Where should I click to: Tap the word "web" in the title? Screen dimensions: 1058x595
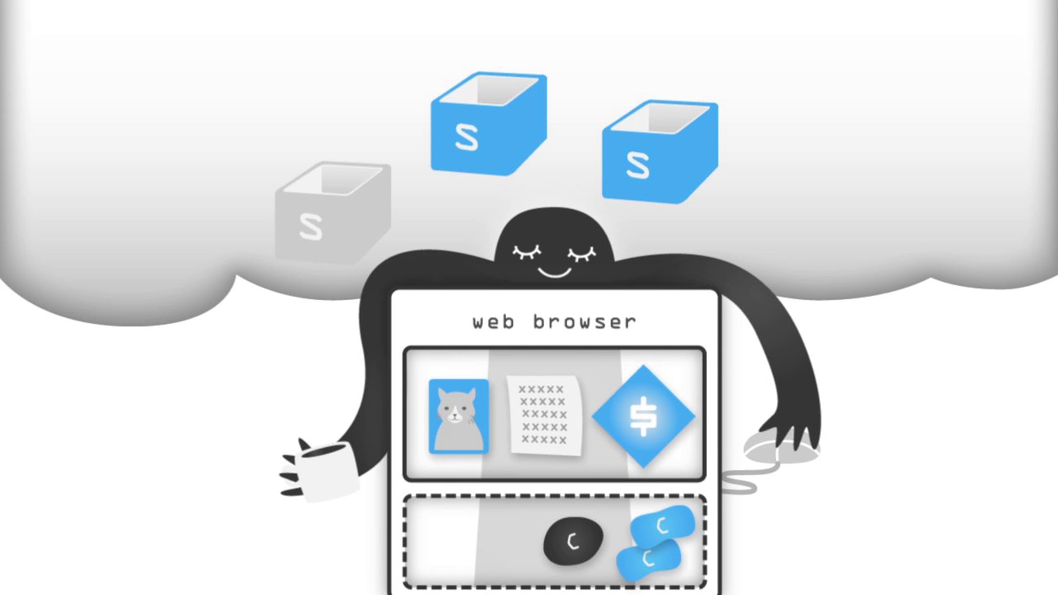[493, 322]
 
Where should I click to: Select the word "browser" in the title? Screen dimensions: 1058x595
[585, 322]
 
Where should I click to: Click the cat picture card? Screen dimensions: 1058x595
[458, 416]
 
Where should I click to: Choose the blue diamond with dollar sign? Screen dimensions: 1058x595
[644, 416]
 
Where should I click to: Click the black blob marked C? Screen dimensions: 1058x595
[573, 541]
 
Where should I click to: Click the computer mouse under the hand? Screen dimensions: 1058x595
[780, 446]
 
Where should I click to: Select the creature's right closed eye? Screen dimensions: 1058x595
[582, 253]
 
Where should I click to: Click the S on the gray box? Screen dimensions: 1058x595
[311, 227]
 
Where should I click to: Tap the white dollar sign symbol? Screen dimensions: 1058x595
[644, 416]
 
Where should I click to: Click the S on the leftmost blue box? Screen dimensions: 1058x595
[466, 138]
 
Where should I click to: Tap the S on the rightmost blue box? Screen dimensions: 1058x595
[638, 165]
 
